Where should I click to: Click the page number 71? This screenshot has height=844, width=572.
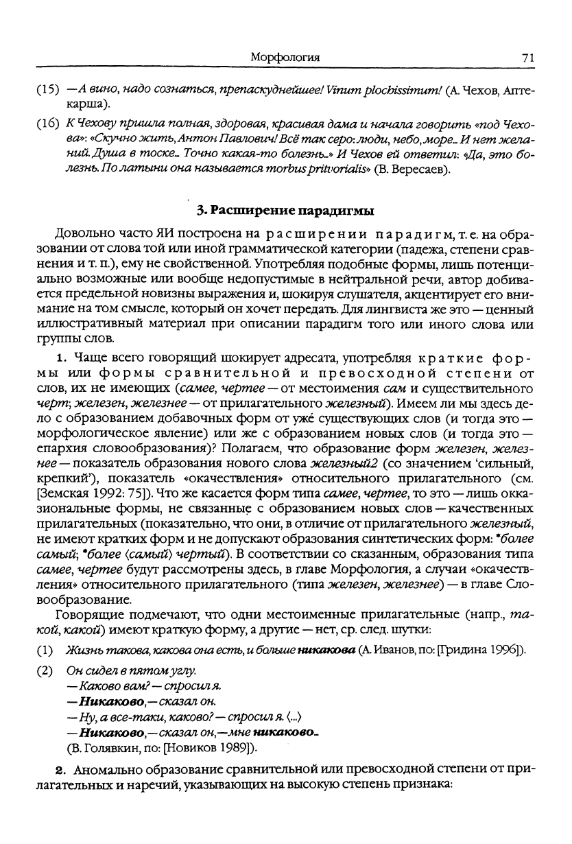click(x=527, y=58)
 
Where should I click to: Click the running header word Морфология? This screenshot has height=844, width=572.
click(x=285, y=58)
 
